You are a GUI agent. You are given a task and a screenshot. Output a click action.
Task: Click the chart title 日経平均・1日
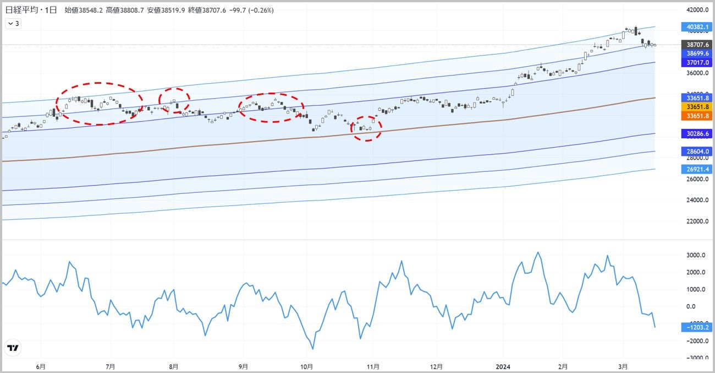[31, 10]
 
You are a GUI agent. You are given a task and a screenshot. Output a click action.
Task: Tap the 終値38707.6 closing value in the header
[206, 10]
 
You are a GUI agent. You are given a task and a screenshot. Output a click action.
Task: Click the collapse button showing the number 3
[13, 23]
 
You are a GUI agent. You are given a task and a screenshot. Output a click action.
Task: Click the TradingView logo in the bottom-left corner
[12, 348]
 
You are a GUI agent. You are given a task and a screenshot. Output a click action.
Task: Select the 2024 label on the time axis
[503, 366]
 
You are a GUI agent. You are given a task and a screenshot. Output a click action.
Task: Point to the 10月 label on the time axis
[307, 366]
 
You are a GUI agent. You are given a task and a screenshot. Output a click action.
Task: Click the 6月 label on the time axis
[40, 366]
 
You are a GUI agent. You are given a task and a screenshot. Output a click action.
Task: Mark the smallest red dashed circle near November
[366, 128]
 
